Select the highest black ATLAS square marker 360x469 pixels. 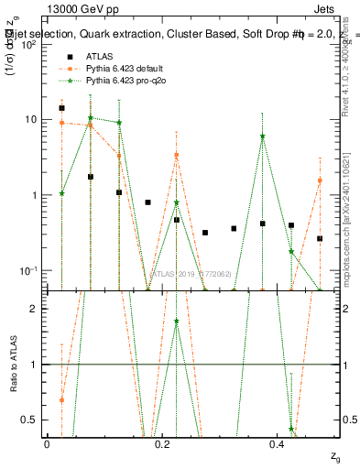pos(61,108)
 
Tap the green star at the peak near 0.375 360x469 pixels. pos(263,136)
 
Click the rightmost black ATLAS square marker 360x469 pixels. pos(320,239)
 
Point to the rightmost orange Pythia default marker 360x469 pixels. pos(320,180)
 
